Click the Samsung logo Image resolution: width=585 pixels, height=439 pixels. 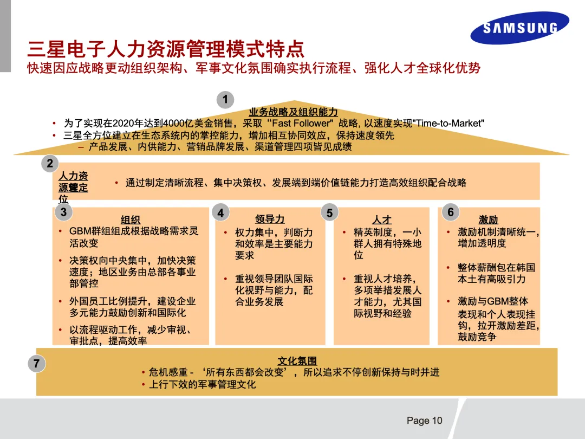[x=519, y=28]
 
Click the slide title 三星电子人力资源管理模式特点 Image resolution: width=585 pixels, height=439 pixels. [x=166, y=49]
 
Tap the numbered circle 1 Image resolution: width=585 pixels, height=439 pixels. [x=225, y=100]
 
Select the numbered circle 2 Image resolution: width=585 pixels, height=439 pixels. [x=50, y=164]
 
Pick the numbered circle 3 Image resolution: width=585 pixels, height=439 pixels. [x=63, y=212]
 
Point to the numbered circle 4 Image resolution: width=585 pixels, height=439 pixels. [x=220, y=213]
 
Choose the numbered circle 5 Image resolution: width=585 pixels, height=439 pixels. [x=329, y=213]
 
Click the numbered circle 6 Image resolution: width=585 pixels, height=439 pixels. [x=451, y=212]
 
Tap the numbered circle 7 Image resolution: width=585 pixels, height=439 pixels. [x=36, y=364]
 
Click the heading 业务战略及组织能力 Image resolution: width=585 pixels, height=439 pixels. [x=293, y=112]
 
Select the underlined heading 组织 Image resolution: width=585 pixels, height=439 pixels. [x=131, y=219]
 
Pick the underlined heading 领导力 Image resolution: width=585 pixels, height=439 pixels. [x=270, y=219]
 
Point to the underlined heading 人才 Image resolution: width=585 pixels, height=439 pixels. [x=382, y=219]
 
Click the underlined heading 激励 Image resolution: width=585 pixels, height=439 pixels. [x=488, y=219]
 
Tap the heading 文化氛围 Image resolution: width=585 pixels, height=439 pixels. [x=297, y=361]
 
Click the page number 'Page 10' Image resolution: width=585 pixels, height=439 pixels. [x=424, y=421]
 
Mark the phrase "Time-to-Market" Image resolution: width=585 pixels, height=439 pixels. [x=447, y=124]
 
